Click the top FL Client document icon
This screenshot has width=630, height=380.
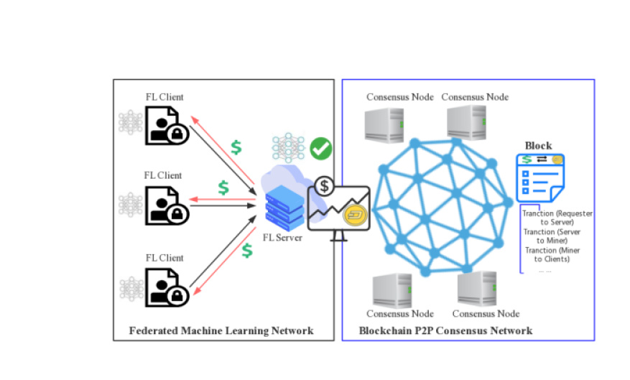click(166, 125)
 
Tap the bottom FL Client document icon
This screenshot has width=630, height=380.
click(166, 286)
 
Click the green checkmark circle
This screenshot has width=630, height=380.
click(320, 149)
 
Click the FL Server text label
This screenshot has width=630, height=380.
click(282, 238)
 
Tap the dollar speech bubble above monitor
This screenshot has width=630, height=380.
click(325, 187)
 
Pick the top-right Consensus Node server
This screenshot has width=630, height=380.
click(468, 122)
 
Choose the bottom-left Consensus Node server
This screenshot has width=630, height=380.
click(392, 291)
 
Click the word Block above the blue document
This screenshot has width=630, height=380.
click(538, 146)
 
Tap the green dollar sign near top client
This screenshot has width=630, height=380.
click(236, 147)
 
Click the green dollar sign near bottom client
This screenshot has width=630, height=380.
click(247, 251)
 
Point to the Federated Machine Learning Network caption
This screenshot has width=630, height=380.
click(221, 330)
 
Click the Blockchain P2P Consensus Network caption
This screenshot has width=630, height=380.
click(445, 330)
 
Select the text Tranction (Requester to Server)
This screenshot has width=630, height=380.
click(558, 218)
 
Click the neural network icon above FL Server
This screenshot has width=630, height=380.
click(287, 147)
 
